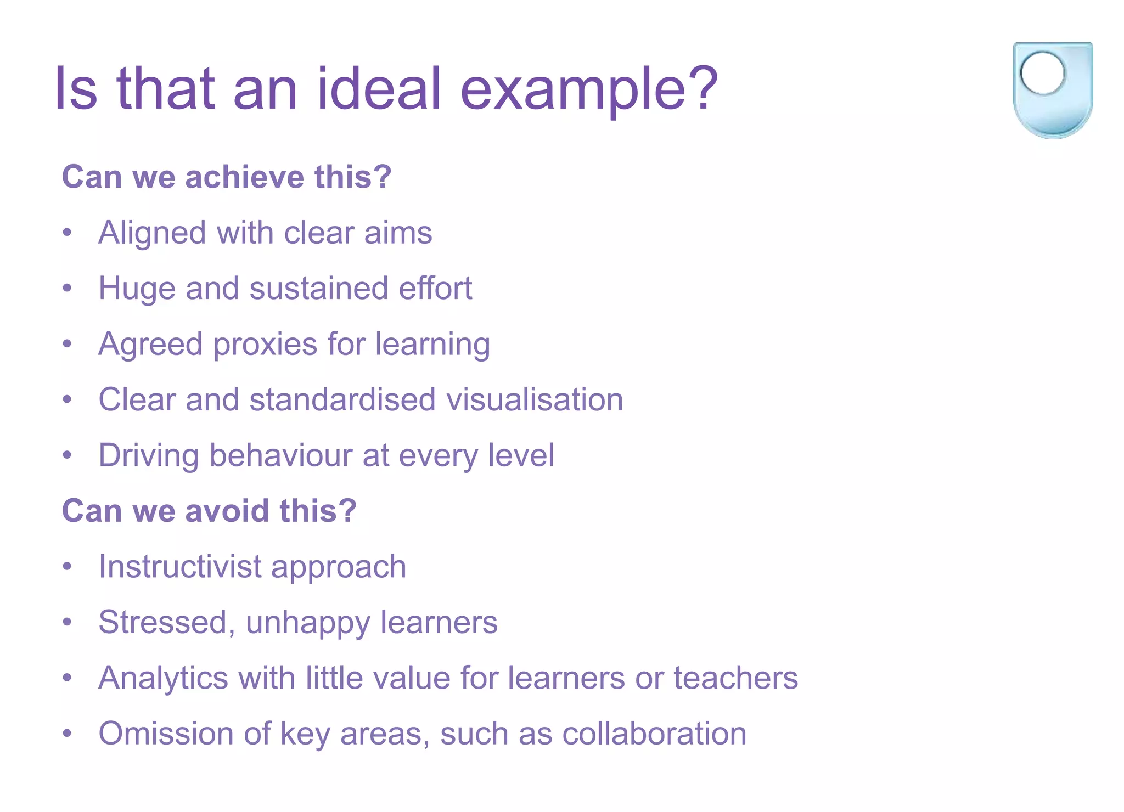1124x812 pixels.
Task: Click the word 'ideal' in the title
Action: click(379, 88)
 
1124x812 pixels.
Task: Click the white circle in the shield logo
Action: click(1042, 73)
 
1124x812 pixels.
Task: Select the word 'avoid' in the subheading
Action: click(228, 511)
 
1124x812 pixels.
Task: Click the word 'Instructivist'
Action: click(179, 566)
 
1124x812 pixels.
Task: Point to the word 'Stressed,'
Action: click(167, 623)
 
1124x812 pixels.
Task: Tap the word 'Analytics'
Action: click(163, 679)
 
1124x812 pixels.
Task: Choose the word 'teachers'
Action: click(735, 678)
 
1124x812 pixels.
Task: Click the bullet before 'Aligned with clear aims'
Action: click(67, 233)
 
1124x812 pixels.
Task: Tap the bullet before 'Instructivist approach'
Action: click(67, 566)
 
